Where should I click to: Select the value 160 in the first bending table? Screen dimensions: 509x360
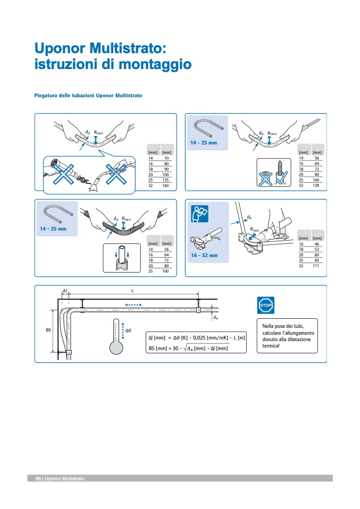pos(166,186)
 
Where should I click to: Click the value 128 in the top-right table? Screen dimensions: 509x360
pos(316,185)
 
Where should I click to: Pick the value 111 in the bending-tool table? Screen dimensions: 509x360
pos(317,266)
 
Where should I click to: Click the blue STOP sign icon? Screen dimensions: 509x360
pos(265,305)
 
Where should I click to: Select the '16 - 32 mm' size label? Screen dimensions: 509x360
pos(205,256)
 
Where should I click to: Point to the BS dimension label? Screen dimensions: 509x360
pos(48,330)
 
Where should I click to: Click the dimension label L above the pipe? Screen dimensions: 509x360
pos(132,291)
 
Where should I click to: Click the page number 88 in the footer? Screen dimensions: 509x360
pos(38,479)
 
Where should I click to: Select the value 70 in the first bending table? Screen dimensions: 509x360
pos(166,158)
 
